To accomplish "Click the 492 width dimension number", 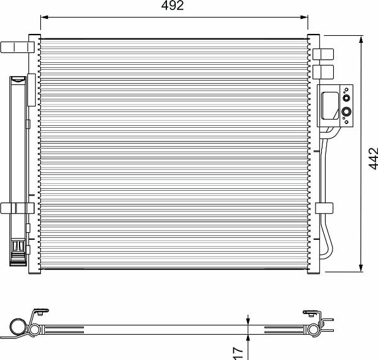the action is click(173, 5).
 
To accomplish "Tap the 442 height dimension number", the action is click(373, 159).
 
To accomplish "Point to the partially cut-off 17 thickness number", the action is click(238, 354).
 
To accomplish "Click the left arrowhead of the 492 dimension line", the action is click(44, 17).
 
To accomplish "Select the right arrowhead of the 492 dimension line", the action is click(304, 17).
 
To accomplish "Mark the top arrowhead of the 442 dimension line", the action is click(361, 40).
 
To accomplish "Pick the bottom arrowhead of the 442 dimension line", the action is click(361, 268).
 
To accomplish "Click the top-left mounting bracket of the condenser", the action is click(18, 47).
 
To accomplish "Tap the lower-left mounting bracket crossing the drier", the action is click(18, 208).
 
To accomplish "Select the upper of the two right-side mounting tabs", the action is click(323, 54).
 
